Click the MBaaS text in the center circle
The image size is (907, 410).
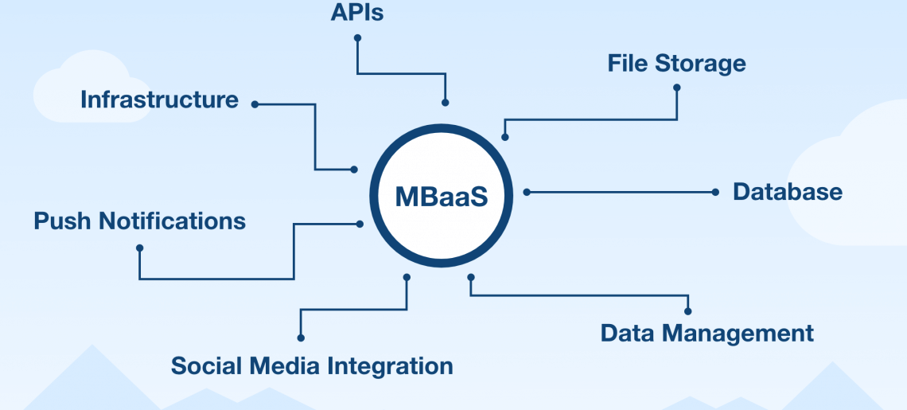[x=442, y=197]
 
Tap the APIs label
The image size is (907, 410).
[x=357, y=12]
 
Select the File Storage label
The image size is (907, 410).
[x=676, y=63]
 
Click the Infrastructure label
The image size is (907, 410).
[x=159, y=100]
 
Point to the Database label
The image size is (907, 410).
[x=788, y=192]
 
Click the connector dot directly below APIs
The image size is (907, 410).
[x=357, y=37]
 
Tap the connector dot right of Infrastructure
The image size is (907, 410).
[x=255, y=104]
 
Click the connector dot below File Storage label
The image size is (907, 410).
[x=677, y=88]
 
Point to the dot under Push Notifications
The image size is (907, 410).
[x=139, y=248]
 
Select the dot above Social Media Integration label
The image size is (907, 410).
[x=301, y=338]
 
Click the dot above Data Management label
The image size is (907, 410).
[x=687, y=311]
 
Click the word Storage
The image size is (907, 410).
[x=700, y=63]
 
